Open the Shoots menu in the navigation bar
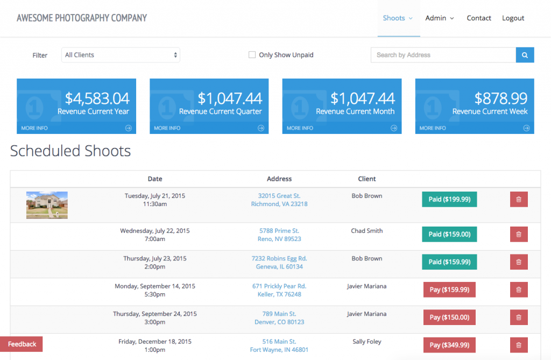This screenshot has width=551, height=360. [x=398, y=18]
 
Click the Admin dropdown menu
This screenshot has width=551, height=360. [x=439, y=18]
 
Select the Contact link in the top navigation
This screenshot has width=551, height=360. [x=478, y=18]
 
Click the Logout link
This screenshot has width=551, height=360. [x=513, y=18]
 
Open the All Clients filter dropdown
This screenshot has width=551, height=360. [x=121, y=55]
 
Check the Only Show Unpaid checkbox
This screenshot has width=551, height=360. [x=252, y=55]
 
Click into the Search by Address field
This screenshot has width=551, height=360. [x=443, y=55]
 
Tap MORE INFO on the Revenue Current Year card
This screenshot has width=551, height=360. [x=34, y=128]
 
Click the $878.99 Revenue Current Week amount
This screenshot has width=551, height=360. [x=500, y=98]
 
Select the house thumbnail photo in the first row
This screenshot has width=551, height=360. [x=47, y=205]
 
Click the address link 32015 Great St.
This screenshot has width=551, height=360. [x=279, y=196]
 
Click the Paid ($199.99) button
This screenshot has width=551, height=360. [x=449, y=199]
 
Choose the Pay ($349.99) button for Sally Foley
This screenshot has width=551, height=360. [x=449, y=345]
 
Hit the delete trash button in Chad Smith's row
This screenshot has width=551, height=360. [x=519, y=234]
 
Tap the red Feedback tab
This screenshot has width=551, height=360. [x=22, y=344]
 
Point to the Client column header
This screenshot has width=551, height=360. [x=367, y=179]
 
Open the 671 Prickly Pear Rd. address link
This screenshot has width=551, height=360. [x=279, y=286]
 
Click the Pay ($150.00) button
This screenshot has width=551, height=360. [x=449, y=317]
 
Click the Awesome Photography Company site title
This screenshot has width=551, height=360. [x=82, y=18]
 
